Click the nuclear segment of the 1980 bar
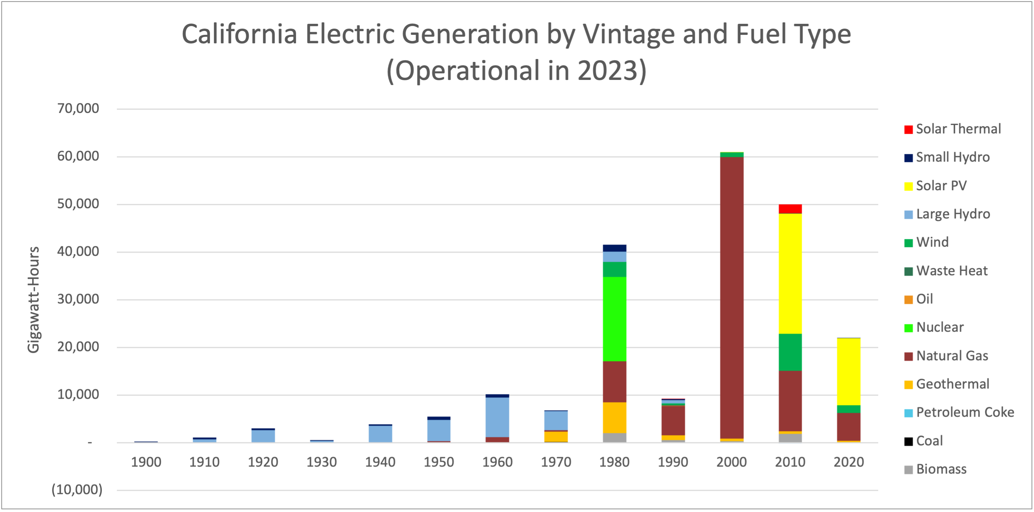point(614,319)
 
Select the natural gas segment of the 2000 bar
point(731,297)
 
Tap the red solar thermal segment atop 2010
point(790,209)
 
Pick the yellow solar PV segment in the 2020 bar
point(849,372)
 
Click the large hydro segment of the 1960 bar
point(497,417)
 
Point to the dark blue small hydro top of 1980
point(614,248)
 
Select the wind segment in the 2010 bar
point(790,352)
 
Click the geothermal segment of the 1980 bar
point(614,418)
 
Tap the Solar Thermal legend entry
point(958,129)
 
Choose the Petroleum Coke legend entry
point(964,412)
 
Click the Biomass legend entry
point(941,469)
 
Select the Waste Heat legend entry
point(951,270)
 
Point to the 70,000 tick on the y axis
point(78,108)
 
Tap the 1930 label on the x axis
point(322,462)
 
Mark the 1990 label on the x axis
point(673,462)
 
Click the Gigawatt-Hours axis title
point(34,299)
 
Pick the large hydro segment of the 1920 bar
point(263,436)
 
